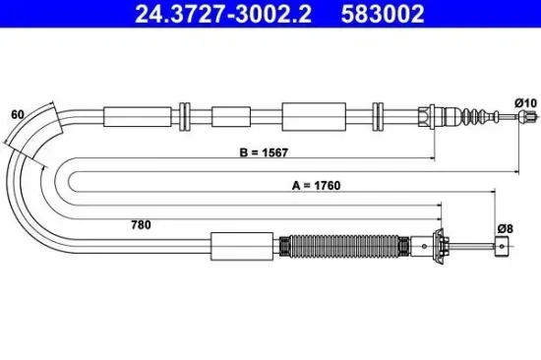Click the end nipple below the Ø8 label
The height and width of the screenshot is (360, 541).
coord(503,247)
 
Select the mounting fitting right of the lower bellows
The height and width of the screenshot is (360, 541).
coord(433,246)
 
